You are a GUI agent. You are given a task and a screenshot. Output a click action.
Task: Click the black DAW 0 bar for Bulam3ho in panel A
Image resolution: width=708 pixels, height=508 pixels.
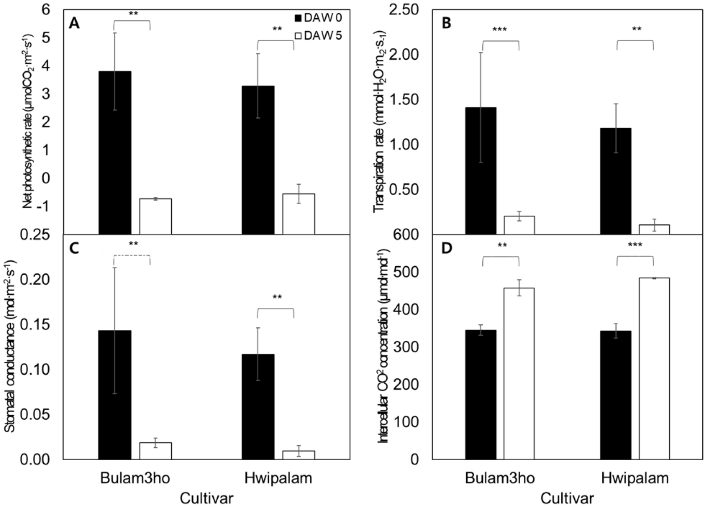115,152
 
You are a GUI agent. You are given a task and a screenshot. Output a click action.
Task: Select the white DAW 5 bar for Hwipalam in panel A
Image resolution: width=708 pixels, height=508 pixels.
298,214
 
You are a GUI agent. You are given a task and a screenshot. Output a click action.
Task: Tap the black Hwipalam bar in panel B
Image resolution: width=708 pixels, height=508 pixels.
616,181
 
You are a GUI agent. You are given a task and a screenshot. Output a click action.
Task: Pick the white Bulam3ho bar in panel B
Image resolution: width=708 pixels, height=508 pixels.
519,225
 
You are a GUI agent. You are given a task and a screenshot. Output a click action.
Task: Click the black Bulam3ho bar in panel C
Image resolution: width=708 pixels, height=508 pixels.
115,395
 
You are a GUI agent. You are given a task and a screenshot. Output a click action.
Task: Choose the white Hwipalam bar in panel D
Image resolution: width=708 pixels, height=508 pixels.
654,368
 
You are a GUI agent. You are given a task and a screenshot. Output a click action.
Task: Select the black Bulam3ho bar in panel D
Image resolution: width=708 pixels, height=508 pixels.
481,394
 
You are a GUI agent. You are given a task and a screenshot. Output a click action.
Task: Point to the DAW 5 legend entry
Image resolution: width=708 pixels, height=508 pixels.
318,36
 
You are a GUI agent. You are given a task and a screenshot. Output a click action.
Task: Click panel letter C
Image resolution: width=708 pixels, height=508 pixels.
75,248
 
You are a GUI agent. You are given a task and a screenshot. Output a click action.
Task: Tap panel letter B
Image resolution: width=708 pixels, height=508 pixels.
446,24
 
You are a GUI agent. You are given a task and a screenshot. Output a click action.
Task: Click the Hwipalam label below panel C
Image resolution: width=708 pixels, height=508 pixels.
278,479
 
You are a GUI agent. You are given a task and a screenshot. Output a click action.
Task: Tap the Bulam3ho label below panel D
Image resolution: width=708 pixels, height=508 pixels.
500,479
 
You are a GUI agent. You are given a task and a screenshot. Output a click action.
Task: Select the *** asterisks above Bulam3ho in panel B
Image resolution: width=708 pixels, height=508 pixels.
500,30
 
